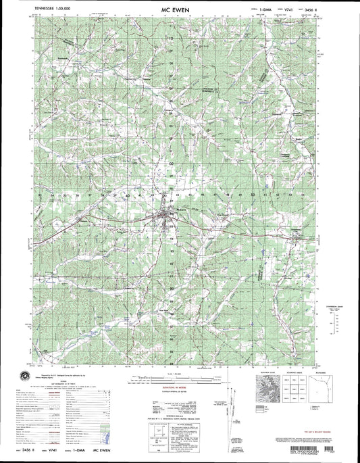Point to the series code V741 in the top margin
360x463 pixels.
[276, 10]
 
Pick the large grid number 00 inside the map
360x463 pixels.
[172, 163]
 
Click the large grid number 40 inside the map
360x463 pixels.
[128, 195]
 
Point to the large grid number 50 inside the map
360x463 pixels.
[253, 195]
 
